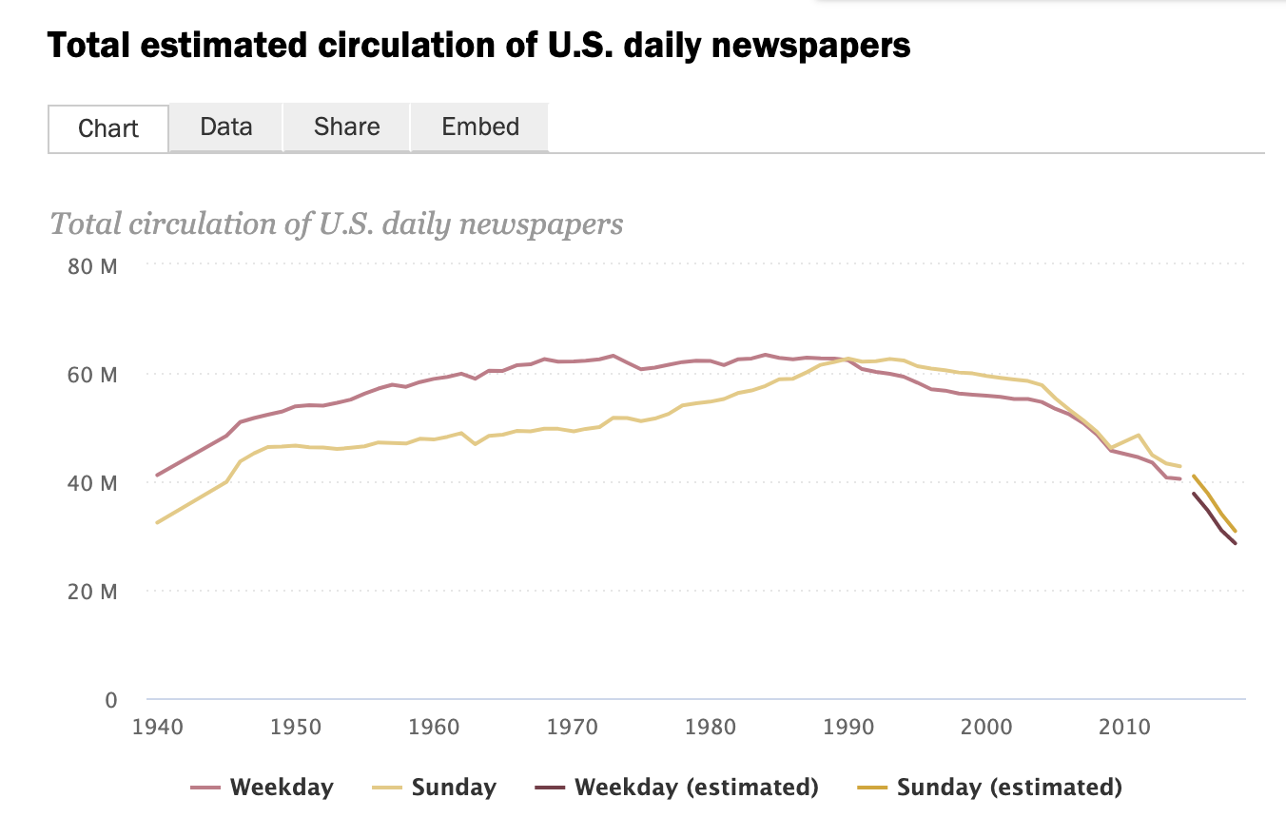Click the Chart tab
pyautogui.click(x=108, y=128)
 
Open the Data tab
pyautogui.click(x=226, y=127)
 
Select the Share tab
pyautogui.click(x=346, y=127)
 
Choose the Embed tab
pyautogui.click(x=480, y=127)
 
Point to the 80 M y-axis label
pyautogui.click(x=93, y=265)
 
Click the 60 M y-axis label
pyautogui.click(x=93, y=374)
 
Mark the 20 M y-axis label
pyautogui.click(x=93, y=591)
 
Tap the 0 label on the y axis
pyautogui.click(x=110, y=700)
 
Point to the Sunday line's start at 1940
pyautogui.click(x=158, y=522)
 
